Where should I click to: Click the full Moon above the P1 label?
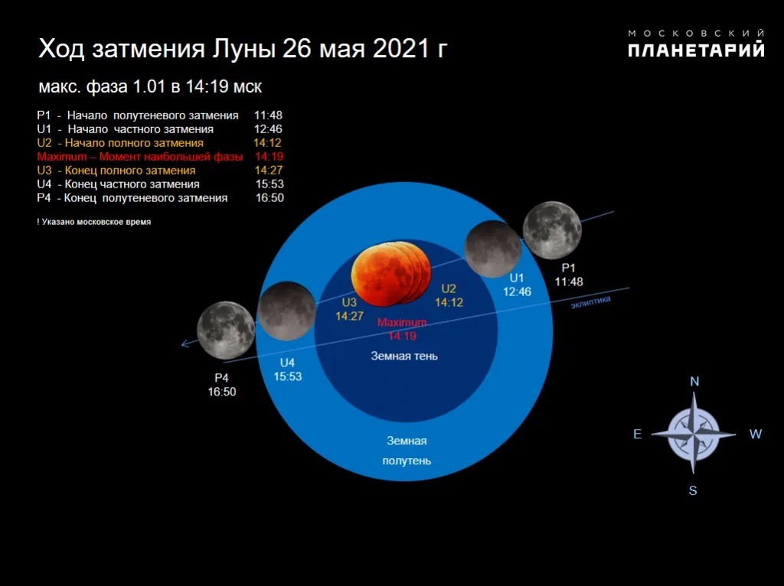pyautogui.click(x=552, y=230)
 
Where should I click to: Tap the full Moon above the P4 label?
pyautogui.click(x=226, y=330)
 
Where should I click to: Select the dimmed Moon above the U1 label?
pyautogui.click(x=493, y=249)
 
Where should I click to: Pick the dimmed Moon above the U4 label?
pyautogui.click(x=287, y=311)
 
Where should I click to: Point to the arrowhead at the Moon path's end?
pyautogui.click(x=185, y=343)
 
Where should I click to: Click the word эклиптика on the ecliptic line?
pyautogui.click(x=590, y=301)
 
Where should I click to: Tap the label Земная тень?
pyautogui.click(x=404, y=356)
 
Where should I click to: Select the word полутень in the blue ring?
pyautogui.click(x=407, y=461)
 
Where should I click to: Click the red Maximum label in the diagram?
pyautogui.click(x=402, y=322)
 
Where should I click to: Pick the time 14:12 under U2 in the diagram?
pyautogui.click(x=449, y=302)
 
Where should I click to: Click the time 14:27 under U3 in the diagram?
pyautogui.click(x=349, y=316)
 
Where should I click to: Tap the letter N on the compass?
pyautogui.click(x=694, y=382)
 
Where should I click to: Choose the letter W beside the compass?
pyautogui.click(x=755, y=434)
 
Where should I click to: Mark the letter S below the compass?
pyautogui.click(x=692, y=490)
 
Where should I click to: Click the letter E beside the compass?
pyautogui.click(x=638, y=434)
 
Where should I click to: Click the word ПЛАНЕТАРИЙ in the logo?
pyautogui.click(x=696, y=50)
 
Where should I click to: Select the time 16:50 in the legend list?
pyautogui.click(x=269, y=198)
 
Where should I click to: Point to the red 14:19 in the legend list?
pyautogui.click(x=269, y=156)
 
